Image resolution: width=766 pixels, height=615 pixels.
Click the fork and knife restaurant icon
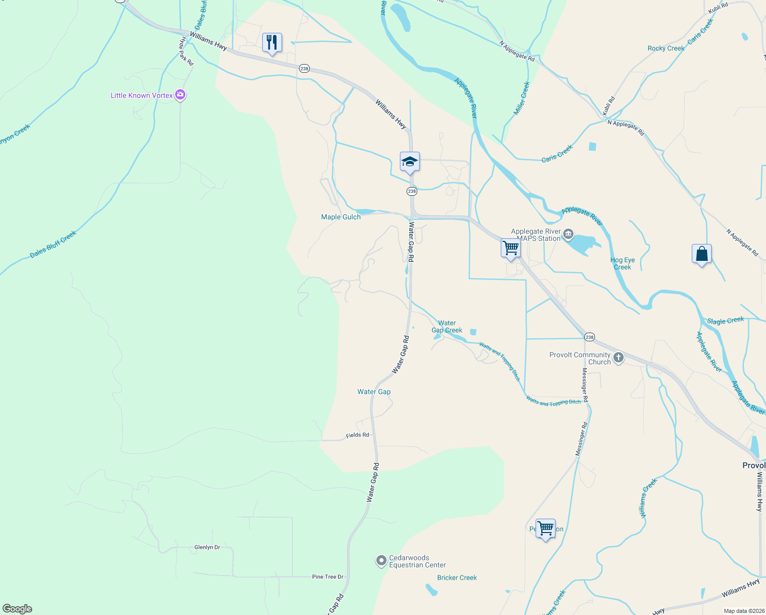click(x=272, y=43)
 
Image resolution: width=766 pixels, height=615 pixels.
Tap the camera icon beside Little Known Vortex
click(x=180, y=95)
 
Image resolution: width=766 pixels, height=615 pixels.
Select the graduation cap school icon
click(x=410, y=162)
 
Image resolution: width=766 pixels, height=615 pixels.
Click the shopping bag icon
click(x=701, y=254)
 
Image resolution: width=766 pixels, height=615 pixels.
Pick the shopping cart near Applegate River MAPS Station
click(x=510, y=248)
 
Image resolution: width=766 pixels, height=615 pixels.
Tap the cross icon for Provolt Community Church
click(x=619, y=358)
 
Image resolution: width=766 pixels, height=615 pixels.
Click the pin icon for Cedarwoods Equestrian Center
click(x=381, y=561)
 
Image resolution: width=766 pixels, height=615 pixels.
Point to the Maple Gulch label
click(x=341, y=217)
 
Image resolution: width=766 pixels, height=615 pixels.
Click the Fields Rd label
click(x=357, y=435)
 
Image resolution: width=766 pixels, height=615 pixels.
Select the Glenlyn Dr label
click(x=207, y=547)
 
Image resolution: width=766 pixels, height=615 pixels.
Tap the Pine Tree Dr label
click(x=328, y=577)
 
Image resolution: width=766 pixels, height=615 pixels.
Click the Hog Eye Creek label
click(x=623, y=263)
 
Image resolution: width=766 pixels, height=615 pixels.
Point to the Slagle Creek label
click(x=726, y=321)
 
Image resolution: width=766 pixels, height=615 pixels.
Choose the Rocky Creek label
click(x=666, y=49)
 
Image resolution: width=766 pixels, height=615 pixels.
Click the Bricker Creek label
click(x=457, y=578)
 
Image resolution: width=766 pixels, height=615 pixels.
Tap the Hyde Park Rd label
click(x=186, y=51)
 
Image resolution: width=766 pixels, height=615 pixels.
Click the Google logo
click(x=17, y=609)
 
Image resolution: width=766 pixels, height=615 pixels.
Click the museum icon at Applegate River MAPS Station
click(x=568, y=235)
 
